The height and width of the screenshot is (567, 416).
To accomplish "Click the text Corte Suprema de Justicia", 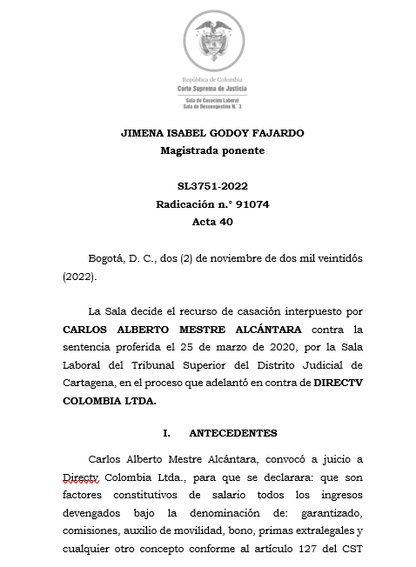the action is [x=212, y=90].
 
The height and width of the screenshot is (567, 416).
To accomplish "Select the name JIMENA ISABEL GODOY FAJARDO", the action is [x=212, y=133].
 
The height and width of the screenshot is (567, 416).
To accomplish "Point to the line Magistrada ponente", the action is [x=212, y=150].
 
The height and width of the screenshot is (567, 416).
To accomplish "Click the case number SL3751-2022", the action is [x=212, y=187].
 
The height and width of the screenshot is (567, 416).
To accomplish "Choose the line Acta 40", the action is [x=212, y=222].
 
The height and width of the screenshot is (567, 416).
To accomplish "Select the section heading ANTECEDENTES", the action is [x=232, y=432].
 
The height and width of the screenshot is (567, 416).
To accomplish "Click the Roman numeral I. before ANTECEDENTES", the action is [x=165, y=432].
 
